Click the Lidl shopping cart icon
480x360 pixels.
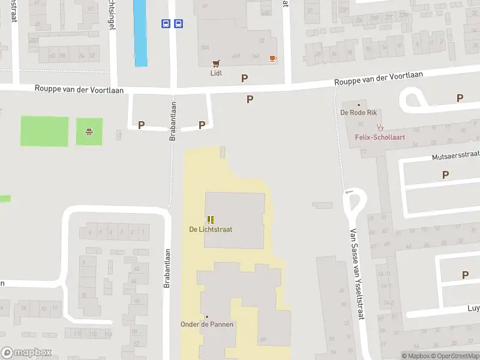(x=216, y=63)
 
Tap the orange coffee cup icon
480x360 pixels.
(x=273, y=58)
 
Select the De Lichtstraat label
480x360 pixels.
(x=211, y=229)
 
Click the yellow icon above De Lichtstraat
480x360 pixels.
(x=211, y=220)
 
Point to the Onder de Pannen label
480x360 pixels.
(x=207, y=325)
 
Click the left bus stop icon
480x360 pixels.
(x=166, y=23)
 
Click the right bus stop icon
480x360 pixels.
(x=178, y=23)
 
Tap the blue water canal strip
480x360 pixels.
(x=140, y=33)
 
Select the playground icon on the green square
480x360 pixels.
(x=89, y=131)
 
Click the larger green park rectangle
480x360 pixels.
(x=44, y=131)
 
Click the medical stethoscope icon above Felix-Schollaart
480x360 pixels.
(x=379, y=127)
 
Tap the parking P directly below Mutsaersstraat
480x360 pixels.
(x=445, y=175)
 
